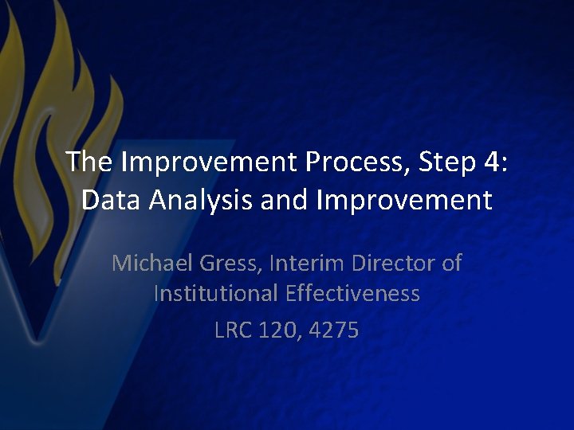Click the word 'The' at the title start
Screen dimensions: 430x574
(x=90, y=162)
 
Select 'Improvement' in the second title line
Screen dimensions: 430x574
(x=404, y=200)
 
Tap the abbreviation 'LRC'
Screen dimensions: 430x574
(x=233, y=329)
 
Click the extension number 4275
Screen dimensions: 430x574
(x=336, y=329)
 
